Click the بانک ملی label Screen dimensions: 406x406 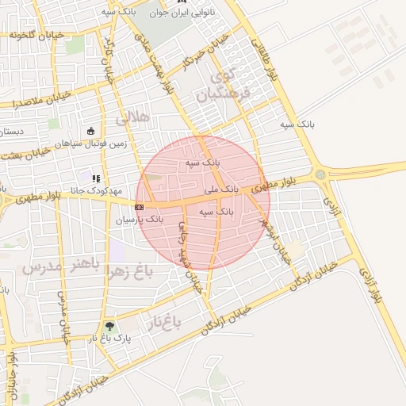pos(221,190)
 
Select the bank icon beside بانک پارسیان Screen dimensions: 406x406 pos(140,207)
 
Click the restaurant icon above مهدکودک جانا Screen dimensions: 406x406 pos(96,179)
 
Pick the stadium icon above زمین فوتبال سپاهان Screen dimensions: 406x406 pos(90,132)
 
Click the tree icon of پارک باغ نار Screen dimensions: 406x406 pos(109,325)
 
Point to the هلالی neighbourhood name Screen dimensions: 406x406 pos(132,118)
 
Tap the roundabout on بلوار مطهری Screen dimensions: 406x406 pos(320,174)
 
